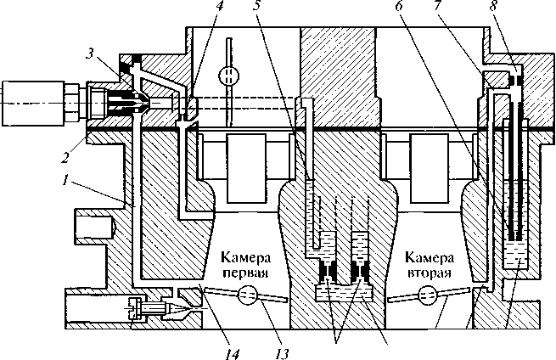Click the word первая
coord(245,273)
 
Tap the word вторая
coord(427,273)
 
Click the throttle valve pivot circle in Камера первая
coord(247,297)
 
